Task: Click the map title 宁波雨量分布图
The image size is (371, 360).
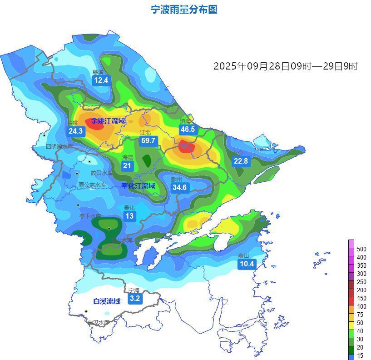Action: coord(184,10)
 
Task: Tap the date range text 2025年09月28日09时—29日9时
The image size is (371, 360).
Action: coord(286,66)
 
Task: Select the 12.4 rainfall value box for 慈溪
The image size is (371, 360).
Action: coord(101,80)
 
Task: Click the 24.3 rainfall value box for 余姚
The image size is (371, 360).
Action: coord(75,131)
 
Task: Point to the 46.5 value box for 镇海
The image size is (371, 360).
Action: coord(188,130)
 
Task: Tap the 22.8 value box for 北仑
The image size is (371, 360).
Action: coord(241,161)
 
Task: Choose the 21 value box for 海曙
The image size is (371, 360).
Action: coord(127,166)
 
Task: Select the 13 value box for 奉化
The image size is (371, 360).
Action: coord(130,216)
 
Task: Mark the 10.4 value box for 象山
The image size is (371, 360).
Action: coord(247,264)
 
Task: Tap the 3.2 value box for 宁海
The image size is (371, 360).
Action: coord(134,299)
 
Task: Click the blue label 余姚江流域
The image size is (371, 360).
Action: coord(108,121)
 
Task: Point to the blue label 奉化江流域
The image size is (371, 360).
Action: coord(138,185)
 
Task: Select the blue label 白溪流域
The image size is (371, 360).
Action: coord(107,301)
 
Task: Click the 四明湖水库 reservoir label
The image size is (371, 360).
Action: coord(59,147)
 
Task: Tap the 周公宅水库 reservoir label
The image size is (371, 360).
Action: coord(92,185)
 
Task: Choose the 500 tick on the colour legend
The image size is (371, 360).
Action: coord(361,249)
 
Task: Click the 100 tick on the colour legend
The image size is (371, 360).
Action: coord(361,306)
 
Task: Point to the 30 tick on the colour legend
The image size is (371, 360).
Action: coord(360,339)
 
